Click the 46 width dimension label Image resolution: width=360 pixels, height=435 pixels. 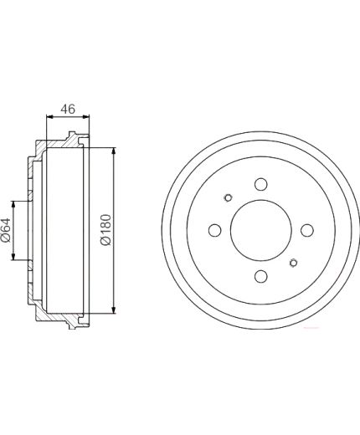coord(68,109)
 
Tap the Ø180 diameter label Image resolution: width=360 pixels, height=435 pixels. coord(106,230)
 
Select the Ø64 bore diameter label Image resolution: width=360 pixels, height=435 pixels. coord(6,230)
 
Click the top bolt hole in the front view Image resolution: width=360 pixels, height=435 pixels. coord(261,184)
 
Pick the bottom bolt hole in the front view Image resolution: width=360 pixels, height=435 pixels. coord(261,276)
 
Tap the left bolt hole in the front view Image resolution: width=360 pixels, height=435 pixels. coord(215,230)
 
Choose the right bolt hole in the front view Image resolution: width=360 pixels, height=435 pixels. coord(307,230)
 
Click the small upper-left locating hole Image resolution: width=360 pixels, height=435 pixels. coord(229,197)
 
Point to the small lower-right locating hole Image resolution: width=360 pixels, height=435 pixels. coord(294,263)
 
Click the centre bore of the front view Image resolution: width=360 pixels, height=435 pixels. coord(261,230)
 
